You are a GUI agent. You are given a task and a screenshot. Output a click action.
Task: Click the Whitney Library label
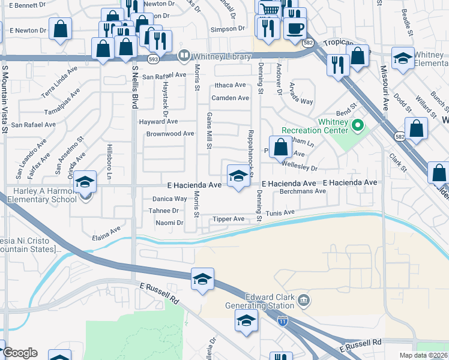(x=214, y=56)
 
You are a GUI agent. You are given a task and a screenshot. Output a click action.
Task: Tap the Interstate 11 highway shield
(x=282, y=321)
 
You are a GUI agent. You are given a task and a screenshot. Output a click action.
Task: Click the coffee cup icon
(x=294, y=28)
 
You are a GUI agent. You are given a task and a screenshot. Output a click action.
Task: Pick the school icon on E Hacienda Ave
(x=238, y=176)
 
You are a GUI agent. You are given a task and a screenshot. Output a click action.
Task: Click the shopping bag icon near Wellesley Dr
(x=280, y=146)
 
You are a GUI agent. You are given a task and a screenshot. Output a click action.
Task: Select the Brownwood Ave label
(x=170, y=134)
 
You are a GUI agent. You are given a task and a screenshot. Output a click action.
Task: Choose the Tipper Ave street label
(x=228, y=219)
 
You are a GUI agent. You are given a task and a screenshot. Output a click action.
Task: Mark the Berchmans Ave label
(x=303, y=191)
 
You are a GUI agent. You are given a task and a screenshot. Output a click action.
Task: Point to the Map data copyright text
(x=423, y=355)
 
